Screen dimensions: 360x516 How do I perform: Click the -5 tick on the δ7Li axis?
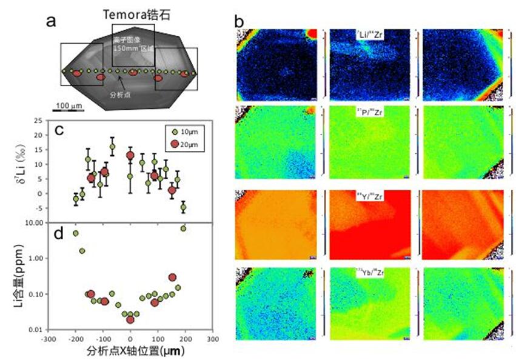[38, 208]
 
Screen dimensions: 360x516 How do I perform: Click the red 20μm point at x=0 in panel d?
[130, 319]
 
